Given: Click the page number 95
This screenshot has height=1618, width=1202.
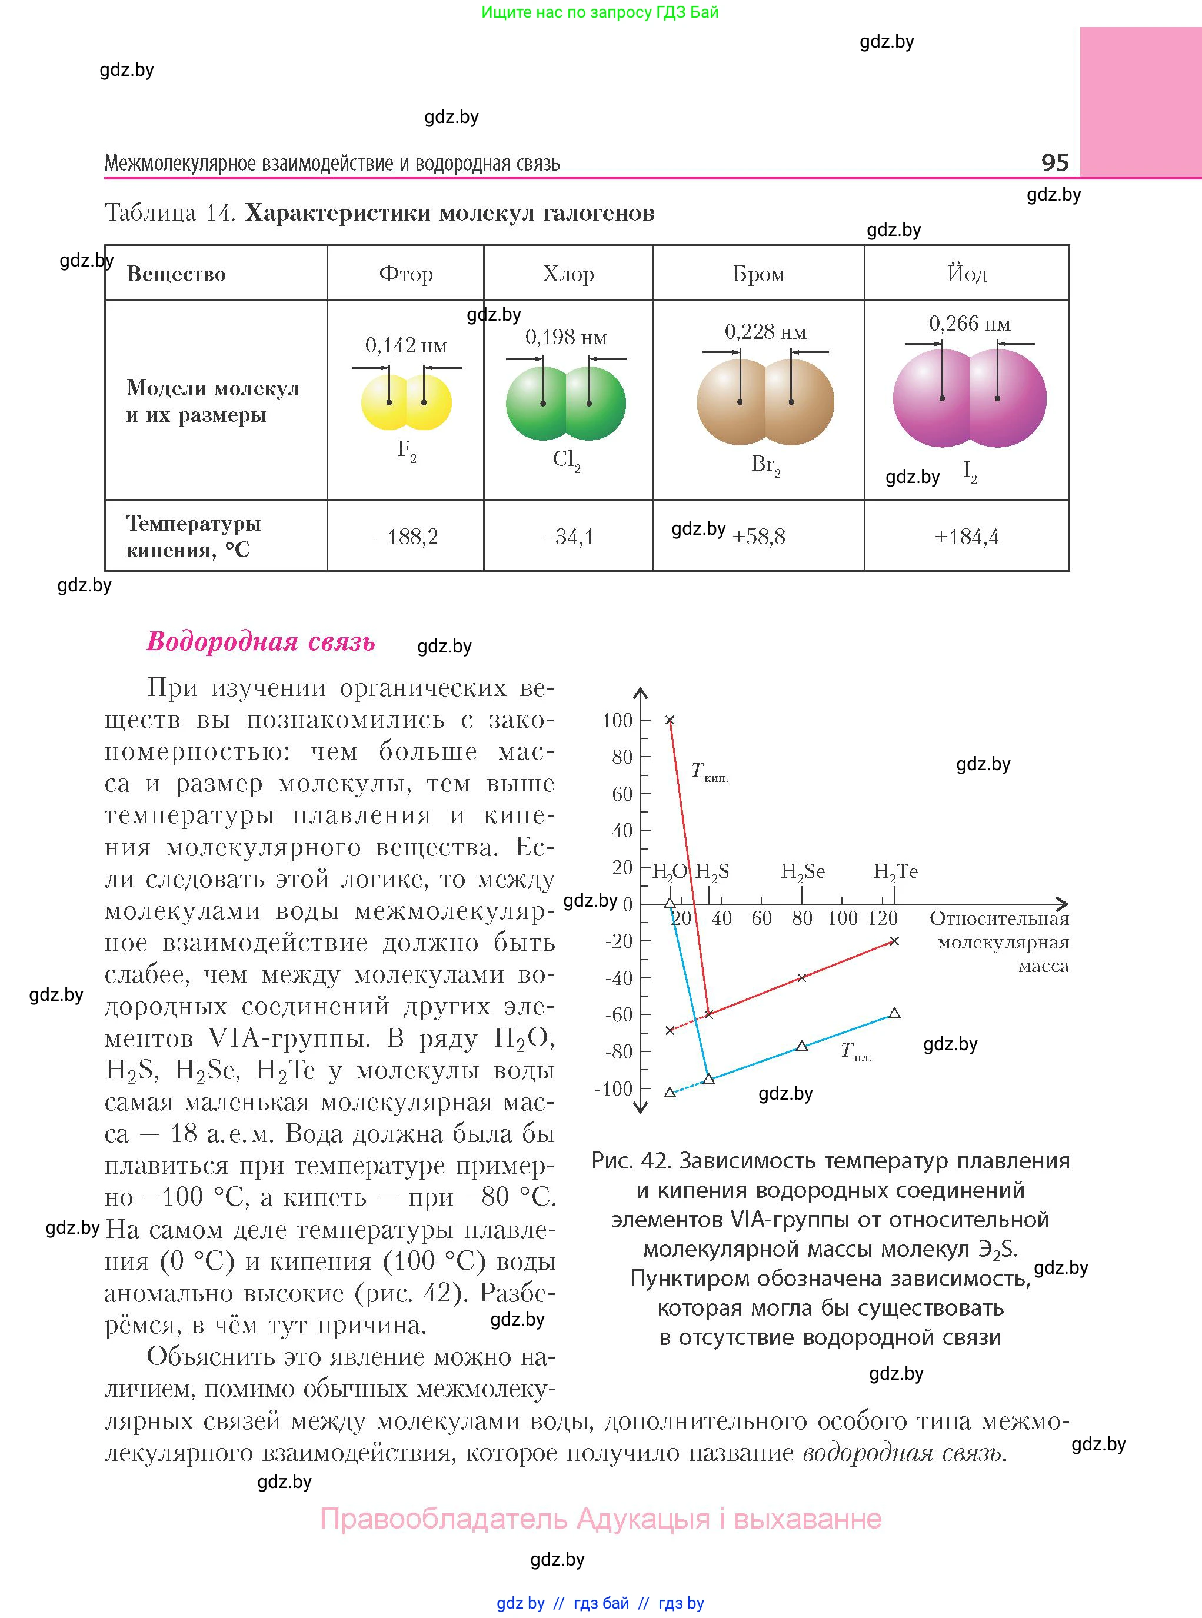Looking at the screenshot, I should [x=1054, y=162].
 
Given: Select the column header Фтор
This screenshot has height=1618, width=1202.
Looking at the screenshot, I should [x=405, y=274].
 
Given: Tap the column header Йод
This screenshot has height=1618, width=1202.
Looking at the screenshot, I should [x=967, y=274].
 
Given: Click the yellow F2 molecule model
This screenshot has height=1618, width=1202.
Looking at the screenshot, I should [x=406, y=402].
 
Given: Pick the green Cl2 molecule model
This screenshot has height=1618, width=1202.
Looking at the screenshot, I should [x=565, y=403].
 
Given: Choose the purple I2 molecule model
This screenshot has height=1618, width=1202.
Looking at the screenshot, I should [x=969, y=398].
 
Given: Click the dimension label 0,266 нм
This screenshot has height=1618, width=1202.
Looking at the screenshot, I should [x=969, y=324].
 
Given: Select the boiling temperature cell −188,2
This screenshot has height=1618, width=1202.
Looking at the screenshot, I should [x=405, y=537].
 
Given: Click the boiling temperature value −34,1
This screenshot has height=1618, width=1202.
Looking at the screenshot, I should [x=568, y=537].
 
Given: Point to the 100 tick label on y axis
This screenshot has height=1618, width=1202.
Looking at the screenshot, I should [x=617, y=720].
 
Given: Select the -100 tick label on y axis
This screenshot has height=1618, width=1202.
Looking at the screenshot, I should [x=614, y=1088].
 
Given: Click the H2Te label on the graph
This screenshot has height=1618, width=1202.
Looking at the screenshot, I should [x=895, y=871].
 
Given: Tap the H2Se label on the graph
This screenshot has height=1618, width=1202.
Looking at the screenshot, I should [x=803, y=871].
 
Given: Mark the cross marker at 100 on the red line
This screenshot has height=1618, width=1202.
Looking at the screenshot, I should [x=670, y=720].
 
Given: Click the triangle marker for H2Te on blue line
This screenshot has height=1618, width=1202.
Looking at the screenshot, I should [x=895, y=1013].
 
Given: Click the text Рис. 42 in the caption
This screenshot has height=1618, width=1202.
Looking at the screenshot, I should [x=630, y=1160].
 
